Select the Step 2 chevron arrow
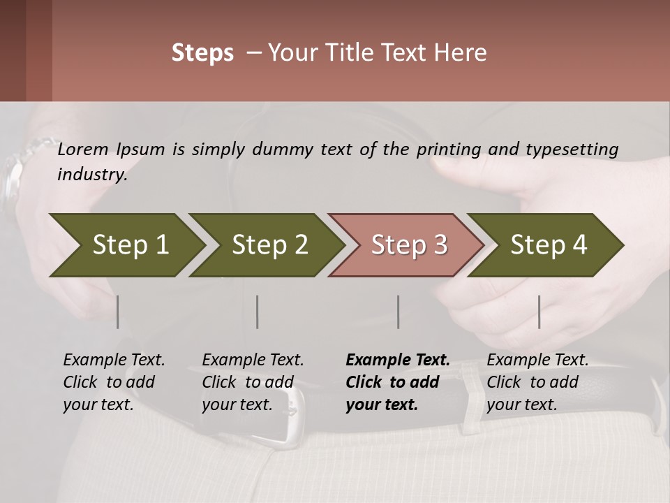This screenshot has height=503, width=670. [x=266, y=245]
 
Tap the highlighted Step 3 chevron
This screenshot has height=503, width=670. [x=405, y=245]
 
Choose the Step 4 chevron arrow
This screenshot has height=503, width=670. [x=545, y=245]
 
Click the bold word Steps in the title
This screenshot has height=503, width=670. [x=202, y=53]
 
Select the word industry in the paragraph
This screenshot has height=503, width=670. [x=92, y=174]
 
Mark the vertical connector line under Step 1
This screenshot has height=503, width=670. [x=118, y=312]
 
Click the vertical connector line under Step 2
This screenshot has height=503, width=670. [x=258, y=312]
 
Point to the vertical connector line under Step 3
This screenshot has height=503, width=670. [x=399, y=312]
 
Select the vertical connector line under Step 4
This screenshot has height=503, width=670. [x=539, y=312]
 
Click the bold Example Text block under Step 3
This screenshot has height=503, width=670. [x=397, y=382]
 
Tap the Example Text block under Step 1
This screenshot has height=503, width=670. [x=114, y=382]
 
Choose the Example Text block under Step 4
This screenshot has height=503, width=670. [x=537, y=382]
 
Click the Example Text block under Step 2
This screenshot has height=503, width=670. [x=253, y=382]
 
